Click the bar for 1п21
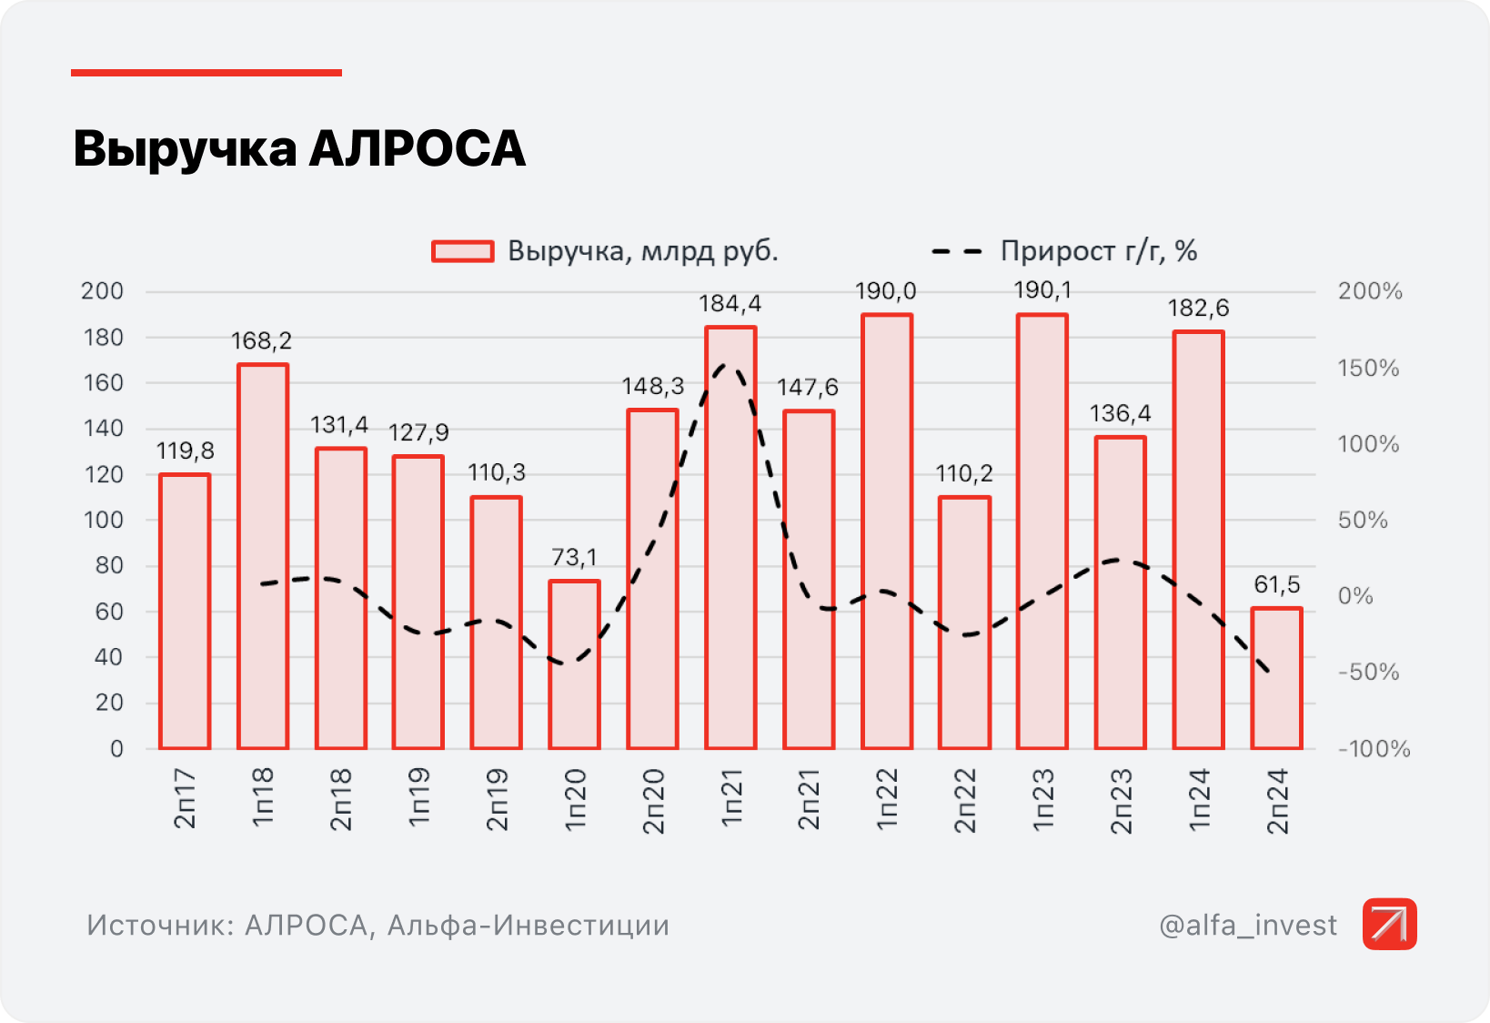pos(730,537)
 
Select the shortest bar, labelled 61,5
pos(1276,678)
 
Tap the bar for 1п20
pos(574,664)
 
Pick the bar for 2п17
pos(185,611)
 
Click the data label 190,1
pos(1042,290)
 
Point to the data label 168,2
pos(262,341)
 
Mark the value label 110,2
pos(964,473)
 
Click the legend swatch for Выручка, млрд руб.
pos(462,251)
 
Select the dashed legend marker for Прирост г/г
pos(957,251)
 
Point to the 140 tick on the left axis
pos(103,429)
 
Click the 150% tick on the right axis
pos(1368,369)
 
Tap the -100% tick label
pos(1374,749)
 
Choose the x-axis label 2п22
pos(965,800)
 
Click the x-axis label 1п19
pos(418,797)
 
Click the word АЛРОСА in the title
pos(418,148)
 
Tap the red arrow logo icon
pos(1389,924)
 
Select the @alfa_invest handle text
pos(1248,926)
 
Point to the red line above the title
pos(206,73)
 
